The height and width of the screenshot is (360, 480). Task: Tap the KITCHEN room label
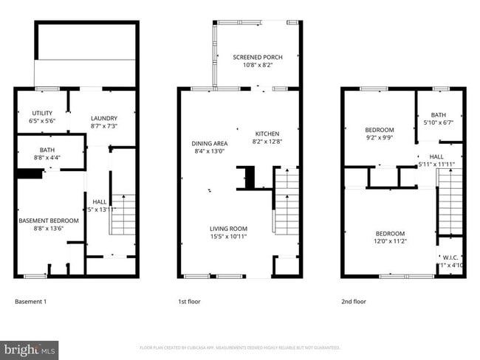[267, 134]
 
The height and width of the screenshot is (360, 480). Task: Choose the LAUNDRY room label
[104, 118]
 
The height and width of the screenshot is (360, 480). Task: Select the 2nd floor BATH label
[439, 114]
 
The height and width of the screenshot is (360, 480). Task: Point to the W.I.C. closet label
[450, 257]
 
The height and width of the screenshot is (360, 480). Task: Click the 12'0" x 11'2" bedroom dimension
[389, 241]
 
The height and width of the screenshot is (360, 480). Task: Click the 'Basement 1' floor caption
[31, 302]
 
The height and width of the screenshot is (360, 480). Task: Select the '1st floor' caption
[189, 302]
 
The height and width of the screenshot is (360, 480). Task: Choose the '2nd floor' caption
[353, 302]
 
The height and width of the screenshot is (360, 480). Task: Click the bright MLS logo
[30, 349]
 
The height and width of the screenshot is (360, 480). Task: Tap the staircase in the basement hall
[123, 214]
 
